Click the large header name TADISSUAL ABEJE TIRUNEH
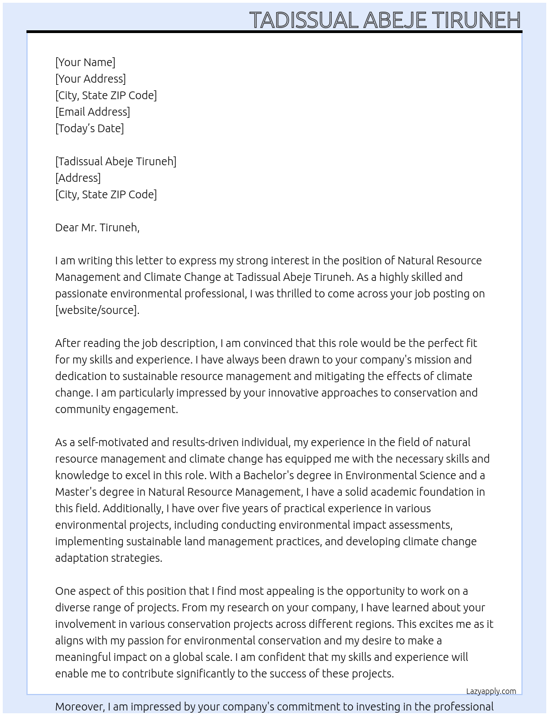(x=385, y=20)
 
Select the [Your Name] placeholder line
(x=85, y=62)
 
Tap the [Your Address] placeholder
(x=90, y=79)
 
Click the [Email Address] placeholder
(x=93, y=112)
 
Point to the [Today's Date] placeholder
(x=89, y=128)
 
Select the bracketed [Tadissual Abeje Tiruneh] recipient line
(x=116, y=161)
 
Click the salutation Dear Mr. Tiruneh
(x=97, y=227)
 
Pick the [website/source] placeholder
(x=97, y=310)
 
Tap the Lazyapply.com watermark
(x=491, y=691)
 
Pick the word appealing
(x=290, y=591)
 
